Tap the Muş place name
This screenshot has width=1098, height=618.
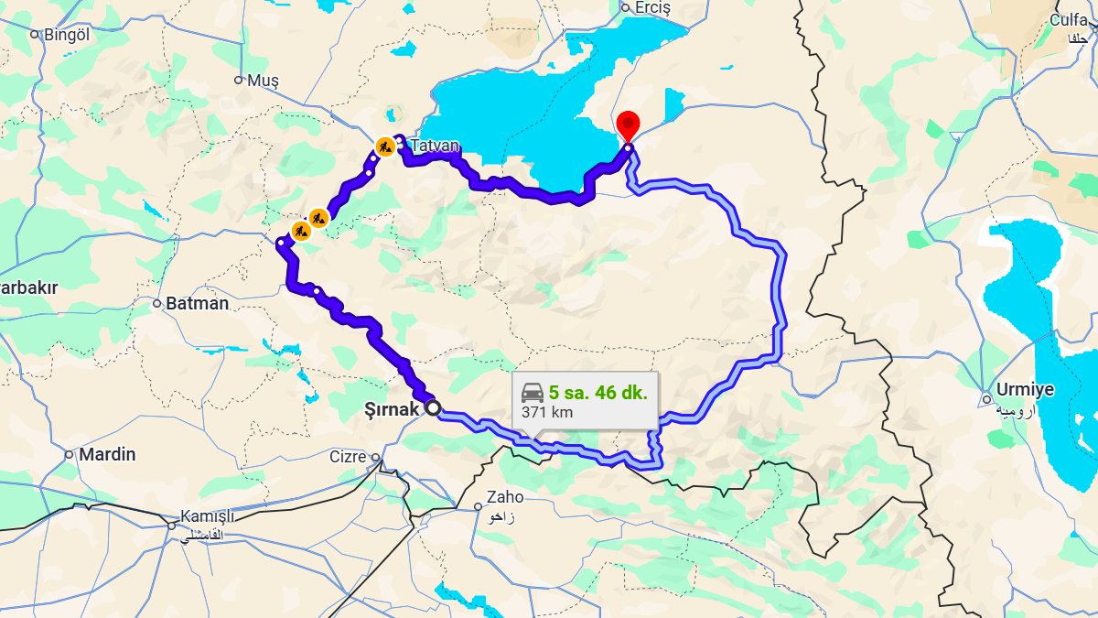263,81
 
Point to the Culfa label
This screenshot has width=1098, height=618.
1069,20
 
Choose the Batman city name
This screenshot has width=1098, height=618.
197,303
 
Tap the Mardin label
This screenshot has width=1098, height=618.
107,454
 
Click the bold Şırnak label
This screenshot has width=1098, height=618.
390,409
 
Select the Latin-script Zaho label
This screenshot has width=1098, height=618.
505,497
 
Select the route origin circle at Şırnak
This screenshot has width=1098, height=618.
433,409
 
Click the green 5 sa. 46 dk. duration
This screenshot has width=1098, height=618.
597,393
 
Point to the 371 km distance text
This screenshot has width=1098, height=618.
547,412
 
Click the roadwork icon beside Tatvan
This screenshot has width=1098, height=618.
385,146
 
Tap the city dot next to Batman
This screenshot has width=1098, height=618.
156,303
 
